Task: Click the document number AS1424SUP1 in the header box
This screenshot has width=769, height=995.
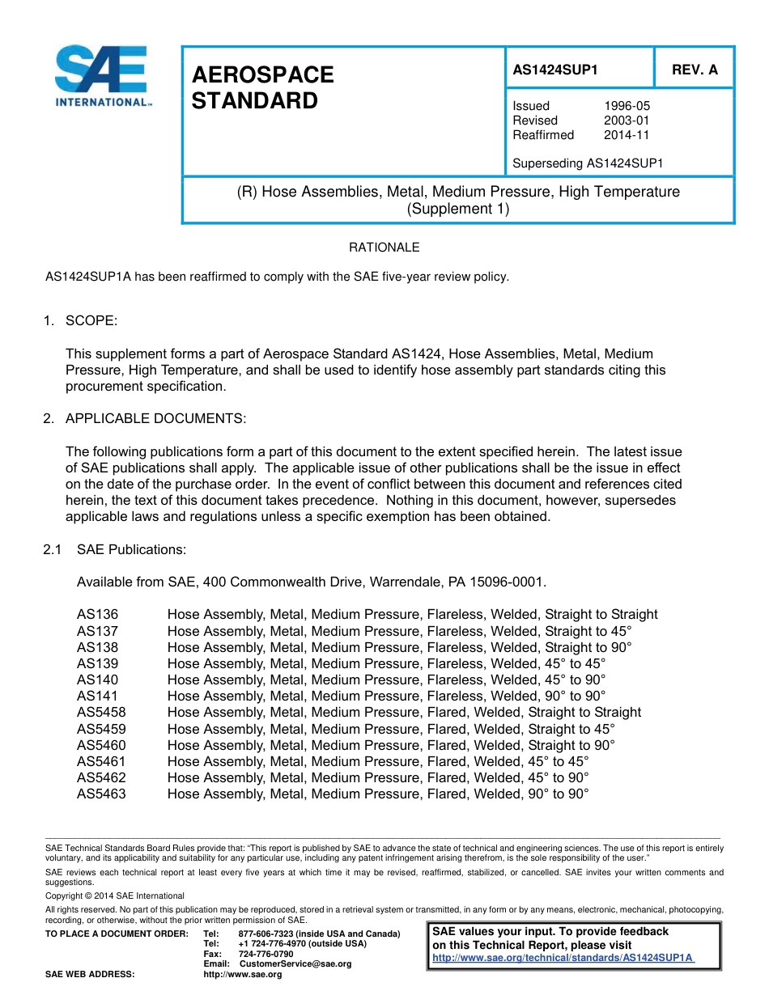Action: (x=555, y=70)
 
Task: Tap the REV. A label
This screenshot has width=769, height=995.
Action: (x=695, y=70)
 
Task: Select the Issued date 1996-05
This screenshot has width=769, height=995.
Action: (x=627, y=106)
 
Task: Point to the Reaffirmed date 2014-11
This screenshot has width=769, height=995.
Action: (x=627, y=135)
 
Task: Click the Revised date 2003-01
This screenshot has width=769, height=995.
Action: (x=627, y=121)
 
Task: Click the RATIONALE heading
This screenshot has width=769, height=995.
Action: (x=384, y=248)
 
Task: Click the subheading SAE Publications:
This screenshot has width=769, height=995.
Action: (x=131, y=549)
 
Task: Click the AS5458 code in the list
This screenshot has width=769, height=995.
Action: (x=101, y=712)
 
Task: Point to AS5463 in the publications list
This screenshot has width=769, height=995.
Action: (x=101, y=794)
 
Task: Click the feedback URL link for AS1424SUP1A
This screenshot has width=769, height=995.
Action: (x=563, y=957)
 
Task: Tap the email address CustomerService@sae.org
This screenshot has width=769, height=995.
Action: (x=295, y=963)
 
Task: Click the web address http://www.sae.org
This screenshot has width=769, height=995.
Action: (x=242, y=974)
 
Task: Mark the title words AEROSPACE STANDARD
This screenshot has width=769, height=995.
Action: (x=262, y=88)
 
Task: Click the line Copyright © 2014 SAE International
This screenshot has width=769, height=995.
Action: (x=115, y=895)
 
